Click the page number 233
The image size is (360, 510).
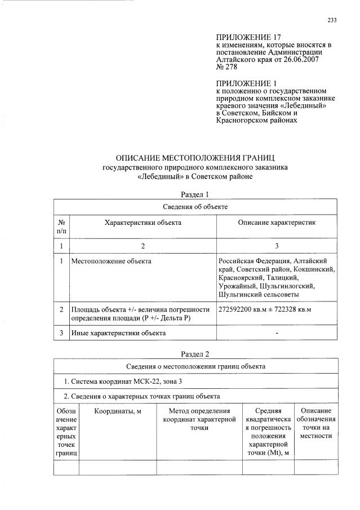[x=332, y=21]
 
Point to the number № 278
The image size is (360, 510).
[x=226, y=66]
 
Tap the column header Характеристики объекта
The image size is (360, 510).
[x=143, y=223]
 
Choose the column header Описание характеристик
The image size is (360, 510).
[x=277, y=223]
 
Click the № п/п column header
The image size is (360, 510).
[x=61, y=227]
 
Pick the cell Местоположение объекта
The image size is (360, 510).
[x=111, y=261]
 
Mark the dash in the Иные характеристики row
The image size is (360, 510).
[x=277, y=333]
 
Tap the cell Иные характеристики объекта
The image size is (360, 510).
[x=118, y=333]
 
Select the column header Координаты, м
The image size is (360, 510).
[x=117, y=411]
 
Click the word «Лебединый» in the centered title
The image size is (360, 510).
[x=159, y=177]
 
